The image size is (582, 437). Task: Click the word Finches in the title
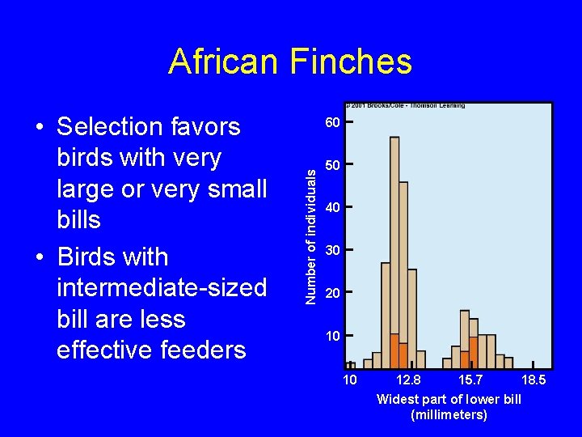coord(345,62)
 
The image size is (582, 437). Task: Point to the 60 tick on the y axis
coord(332,123)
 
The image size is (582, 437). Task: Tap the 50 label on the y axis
coord(332,166)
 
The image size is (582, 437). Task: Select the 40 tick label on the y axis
coord(332,208)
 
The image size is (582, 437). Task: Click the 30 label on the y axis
coord(332,250)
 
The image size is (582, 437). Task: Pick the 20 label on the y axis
coord(332,293)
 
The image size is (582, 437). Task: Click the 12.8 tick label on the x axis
coord(408,380)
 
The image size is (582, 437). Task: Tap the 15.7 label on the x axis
coord(471,380)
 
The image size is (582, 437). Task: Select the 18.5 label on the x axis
coord(534,380)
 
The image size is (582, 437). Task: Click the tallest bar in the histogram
coord(394,243)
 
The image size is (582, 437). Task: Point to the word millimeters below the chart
coord(449,415)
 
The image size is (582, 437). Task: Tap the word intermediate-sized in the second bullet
coord(162,288)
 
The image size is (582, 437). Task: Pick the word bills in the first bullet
coord(79,220)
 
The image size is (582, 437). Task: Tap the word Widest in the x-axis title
coord(397,399)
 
